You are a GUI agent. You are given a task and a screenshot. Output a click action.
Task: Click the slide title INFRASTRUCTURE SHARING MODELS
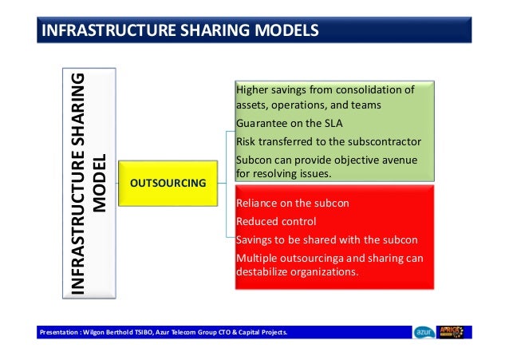coord(180,31)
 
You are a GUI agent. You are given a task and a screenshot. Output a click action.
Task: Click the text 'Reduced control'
coord(276,221)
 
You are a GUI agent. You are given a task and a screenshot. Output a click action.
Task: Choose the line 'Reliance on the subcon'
coord(293,204)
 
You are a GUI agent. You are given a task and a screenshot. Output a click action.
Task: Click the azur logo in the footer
coord(424,332)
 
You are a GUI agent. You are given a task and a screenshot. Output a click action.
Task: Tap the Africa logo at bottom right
coord(455,332)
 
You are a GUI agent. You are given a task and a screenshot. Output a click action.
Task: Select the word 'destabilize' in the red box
coord(264,272)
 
